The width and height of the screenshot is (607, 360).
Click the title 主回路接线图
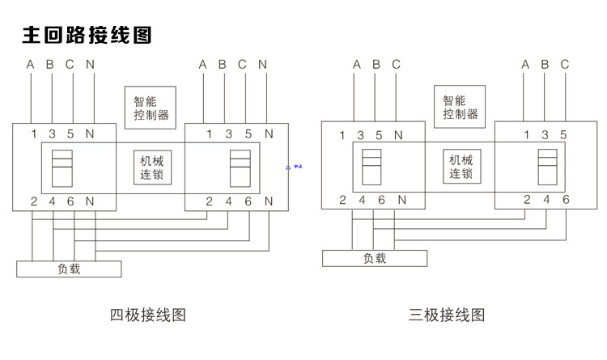pyautogui.click(x=87, y=35)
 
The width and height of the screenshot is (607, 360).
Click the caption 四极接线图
pyautogui.click(x=148, y=315)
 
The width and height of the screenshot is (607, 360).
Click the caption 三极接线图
pyautogui.click(x=447, y=315)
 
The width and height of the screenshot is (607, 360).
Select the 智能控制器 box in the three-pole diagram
pyautogui.click(x=461, y=107)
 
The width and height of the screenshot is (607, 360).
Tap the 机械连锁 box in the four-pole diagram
pyautogui.click(x=151, y=167)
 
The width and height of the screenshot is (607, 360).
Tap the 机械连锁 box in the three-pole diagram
pyautogui.click(x=461, y=167)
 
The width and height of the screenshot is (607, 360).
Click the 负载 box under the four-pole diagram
pyautogui.click(x=69, y=269)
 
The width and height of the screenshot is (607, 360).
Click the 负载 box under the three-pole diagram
pyautogui.click(x=375, y=258)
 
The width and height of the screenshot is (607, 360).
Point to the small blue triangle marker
pyautogui.click(x=288, y=167)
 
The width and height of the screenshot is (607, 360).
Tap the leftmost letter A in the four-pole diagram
pyautogui.click(x=31, y=65)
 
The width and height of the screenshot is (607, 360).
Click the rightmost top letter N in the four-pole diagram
pyautogui.click(x=262, y=65)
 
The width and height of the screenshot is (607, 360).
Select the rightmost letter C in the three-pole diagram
pyautogui.click(x=564, y=65)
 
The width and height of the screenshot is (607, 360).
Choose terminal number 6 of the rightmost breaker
pyautogui.click(x=566, y=200)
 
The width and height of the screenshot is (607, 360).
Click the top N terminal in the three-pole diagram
pyautogui.click(x=398, y=134)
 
